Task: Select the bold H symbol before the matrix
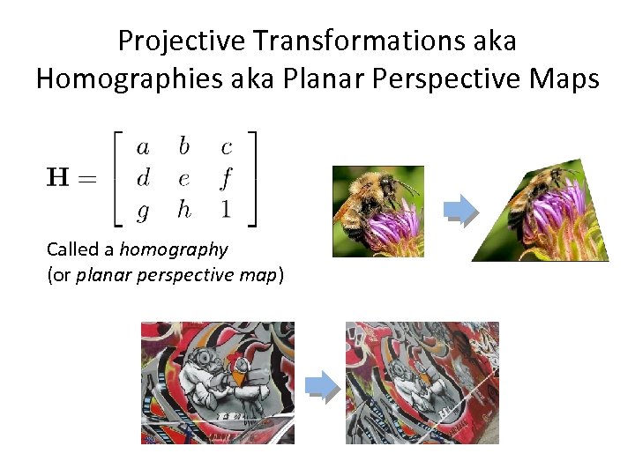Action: [x=60, y=179]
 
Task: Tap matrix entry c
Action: [x=226, y=146]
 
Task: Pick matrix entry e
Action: [x=183, y=179]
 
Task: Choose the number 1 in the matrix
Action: [x=226, y=210]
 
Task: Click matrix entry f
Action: [x=226, y=179]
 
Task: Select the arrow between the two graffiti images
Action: [x=322, y=386]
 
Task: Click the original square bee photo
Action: [x=377, y=212]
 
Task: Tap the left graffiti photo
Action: [x=218, y=383]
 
